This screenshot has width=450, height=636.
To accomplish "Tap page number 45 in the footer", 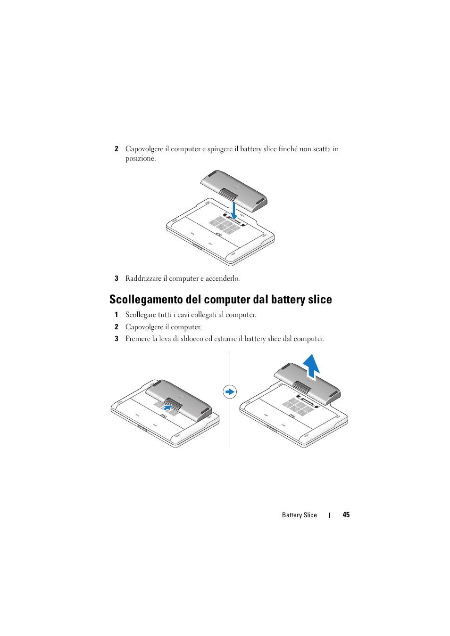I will point(346,515).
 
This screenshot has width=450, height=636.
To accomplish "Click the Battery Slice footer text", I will point(299,515).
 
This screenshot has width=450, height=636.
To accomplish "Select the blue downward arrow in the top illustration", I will point(234,211).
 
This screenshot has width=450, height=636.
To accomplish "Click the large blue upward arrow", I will point(311,366).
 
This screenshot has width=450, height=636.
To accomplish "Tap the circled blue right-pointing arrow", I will point(230,392).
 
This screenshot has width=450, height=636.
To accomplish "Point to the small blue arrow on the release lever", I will point(167,407).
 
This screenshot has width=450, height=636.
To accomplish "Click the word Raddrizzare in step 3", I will point(143,278).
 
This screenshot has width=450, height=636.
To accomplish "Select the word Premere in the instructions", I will point(137,339).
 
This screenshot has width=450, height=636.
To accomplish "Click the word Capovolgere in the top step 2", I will point(144,149).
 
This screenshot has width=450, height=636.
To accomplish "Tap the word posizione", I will point(140,159).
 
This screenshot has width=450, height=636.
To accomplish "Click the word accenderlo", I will point(222,278).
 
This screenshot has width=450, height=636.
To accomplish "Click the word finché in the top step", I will point(288,149).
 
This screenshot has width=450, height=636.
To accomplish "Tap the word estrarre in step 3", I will point(225,339).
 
